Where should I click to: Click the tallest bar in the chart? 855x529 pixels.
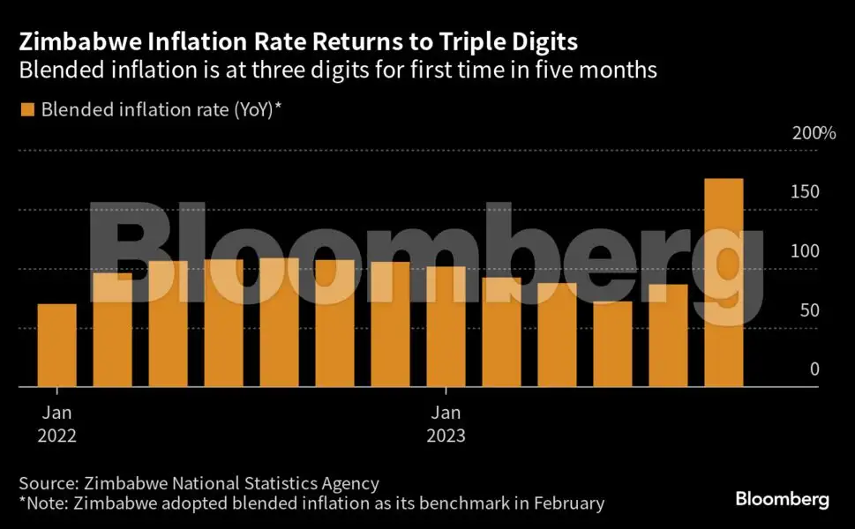[x=724, y=282]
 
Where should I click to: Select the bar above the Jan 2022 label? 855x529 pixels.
[x=56, y=346]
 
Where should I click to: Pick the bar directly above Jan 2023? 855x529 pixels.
[x=446, y=326]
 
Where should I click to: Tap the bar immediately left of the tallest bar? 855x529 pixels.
[x=668, y=335]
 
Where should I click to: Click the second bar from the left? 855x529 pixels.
[x=112, y=330]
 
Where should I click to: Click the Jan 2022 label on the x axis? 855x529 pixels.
[x=56, y=423]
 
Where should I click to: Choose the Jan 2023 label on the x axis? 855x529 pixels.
[x=446, y=423]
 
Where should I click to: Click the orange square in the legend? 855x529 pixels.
[x=26, y=108]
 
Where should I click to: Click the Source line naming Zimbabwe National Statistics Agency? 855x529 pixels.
[x=199, y=483]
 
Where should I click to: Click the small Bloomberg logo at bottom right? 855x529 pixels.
[x=782, y=500]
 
